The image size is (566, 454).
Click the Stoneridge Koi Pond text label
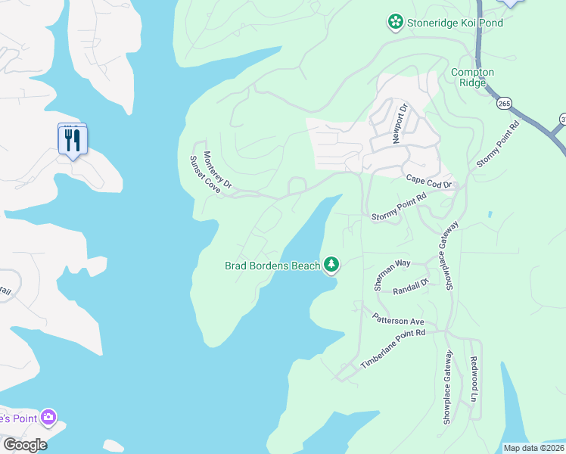pos(455,23)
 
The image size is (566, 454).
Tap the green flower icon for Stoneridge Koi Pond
pos(394,23)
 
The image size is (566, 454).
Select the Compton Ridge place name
pos(472,77)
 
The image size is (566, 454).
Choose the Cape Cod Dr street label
pos(428,181)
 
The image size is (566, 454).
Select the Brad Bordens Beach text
pos(272,266)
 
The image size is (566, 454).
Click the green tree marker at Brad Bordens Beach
pos(331,264)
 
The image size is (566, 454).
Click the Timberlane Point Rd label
pos(393,349)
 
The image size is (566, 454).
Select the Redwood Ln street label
pos(474,379)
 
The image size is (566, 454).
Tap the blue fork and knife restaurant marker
pos(73,141)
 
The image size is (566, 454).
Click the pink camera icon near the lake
pos(49,417)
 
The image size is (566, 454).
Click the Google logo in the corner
pos(24,444)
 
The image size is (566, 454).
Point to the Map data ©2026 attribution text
pos(533,448)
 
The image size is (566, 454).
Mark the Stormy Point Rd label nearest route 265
pos(497,144)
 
